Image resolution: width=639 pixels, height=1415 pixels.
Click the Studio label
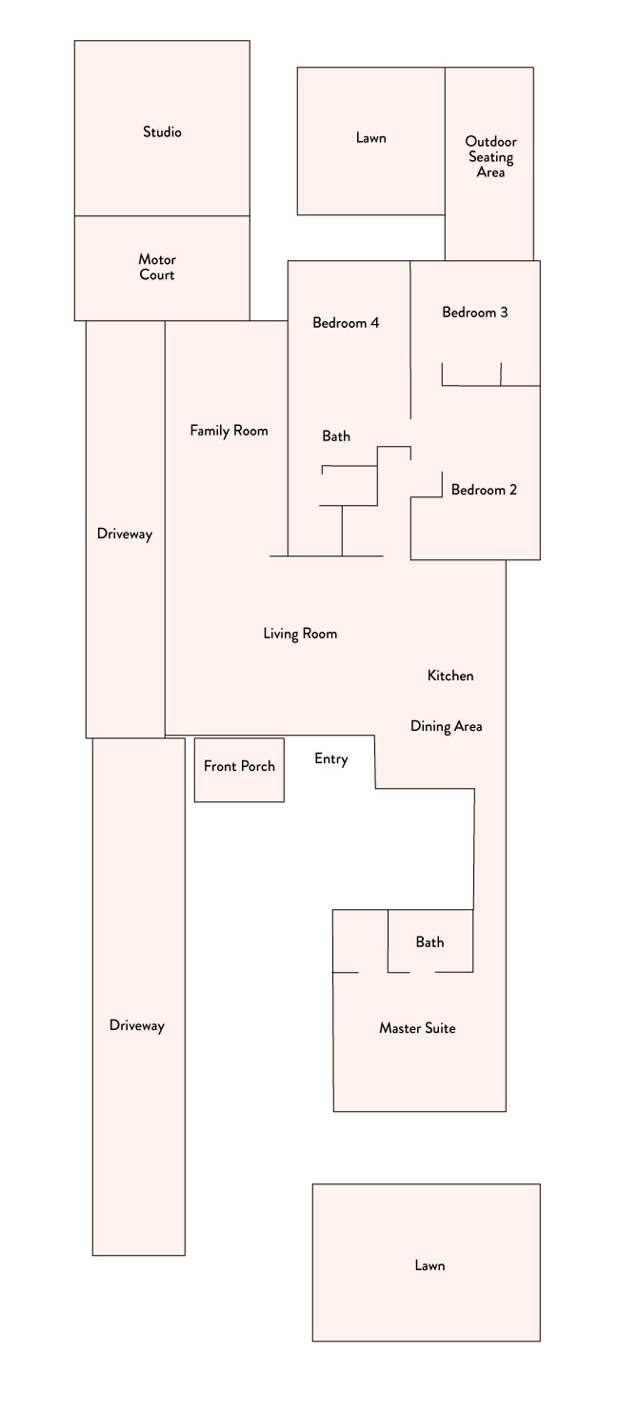point(162,132)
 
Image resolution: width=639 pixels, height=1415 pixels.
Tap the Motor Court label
point(157,267)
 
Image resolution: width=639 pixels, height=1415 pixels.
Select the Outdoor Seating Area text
point(490,156)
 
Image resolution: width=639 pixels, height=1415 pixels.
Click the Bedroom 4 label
point(346,323)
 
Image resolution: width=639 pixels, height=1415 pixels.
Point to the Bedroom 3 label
point(475,312)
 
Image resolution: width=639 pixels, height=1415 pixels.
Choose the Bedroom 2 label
point(484,490)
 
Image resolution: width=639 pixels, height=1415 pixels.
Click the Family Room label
point(230,431)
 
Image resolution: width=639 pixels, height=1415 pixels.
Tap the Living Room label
point(300,634)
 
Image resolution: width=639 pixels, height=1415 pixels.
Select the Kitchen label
point(450,676)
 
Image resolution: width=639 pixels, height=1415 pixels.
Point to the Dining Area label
point(447,726)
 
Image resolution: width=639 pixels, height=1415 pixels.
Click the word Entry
point(331,759)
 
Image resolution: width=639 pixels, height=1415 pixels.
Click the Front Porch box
point(239,770)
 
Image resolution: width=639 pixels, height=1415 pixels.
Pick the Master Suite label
point(417,1028)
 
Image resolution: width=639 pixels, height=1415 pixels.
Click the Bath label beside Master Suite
point(430,941)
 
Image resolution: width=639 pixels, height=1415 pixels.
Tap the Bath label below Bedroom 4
point(336,435)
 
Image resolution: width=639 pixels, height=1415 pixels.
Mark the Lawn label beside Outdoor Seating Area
point(371,138)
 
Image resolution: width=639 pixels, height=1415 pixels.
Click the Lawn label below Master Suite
point(430,1265)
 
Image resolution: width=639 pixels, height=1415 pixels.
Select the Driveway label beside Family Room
point(125,535)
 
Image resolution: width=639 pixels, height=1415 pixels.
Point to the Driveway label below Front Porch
point(137,1025)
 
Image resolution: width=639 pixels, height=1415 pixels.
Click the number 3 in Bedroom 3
point(504,312)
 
